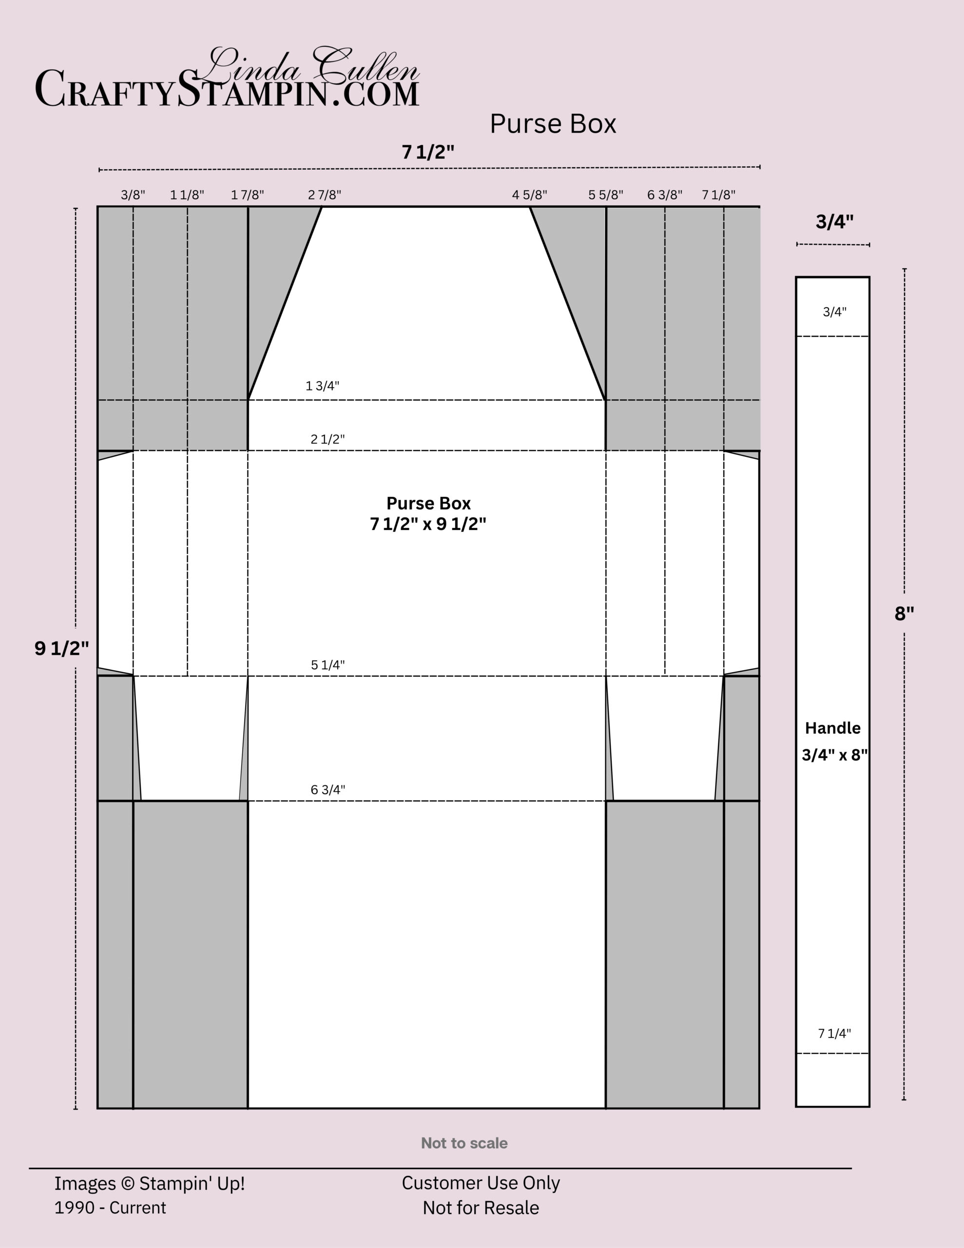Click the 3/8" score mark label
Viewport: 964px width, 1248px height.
[133, 195]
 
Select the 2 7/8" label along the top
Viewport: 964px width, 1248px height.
[325, 195]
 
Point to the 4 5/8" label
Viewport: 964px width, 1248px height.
[529, 195]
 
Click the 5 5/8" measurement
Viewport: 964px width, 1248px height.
[606, 195]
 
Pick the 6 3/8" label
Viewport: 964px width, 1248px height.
[665, 195]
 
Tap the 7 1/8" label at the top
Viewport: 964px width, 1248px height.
[718, 195]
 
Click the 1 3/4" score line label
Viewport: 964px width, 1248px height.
[322, 386]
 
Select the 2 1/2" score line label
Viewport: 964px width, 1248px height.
[328, 439]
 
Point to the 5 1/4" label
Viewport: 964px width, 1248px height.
[328, 665]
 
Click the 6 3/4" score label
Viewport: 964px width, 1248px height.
[328, 790]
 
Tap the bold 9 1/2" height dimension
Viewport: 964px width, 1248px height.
[62, 648]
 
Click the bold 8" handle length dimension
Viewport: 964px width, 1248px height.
[904, 614]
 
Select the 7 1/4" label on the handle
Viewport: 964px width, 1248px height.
[834, 1033]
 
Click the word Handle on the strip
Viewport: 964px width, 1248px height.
[832, 728]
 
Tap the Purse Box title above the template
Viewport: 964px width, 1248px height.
[553, 124]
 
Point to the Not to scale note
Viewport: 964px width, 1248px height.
[464, 1143]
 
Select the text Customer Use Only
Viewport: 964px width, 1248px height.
[481, 1183]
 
